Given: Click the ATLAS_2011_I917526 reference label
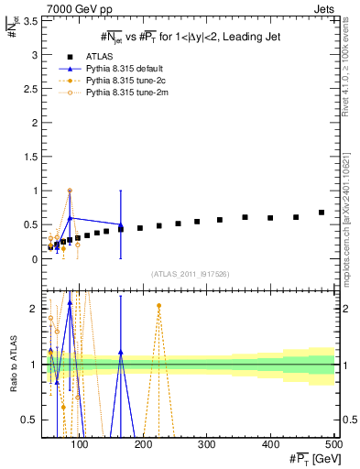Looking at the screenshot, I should pyautogui.click(x=191, y=273).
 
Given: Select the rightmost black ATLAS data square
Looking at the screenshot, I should pyautogui.click(x=322, y=213).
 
